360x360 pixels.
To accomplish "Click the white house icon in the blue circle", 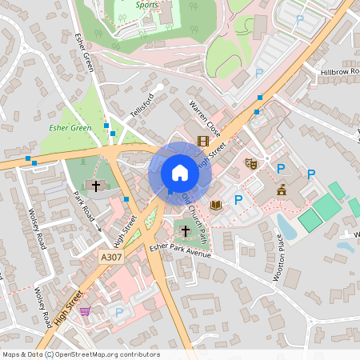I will point(180,172).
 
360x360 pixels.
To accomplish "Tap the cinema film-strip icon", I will point(202,140).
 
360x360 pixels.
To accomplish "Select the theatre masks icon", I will point(250,163).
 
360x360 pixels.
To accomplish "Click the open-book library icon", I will point(215,205).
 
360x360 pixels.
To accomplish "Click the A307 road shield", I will point(112,257).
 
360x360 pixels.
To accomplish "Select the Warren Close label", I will point(204,117).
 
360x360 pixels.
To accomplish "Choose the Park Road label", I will point(84,206).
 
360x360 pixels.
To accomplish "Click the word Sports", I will point(147,4).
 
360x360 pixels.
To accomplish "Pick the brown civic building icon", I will point(282,190).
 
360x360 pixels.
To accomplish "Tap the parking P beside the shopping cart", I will point(119,312).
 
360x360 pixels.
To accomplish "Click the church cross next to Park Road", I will point(96,186).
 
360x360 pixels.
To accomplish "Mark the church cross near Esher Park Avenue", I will point(186,231).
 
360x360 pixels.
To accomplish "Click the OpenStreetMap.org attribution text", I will point(109,354).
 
